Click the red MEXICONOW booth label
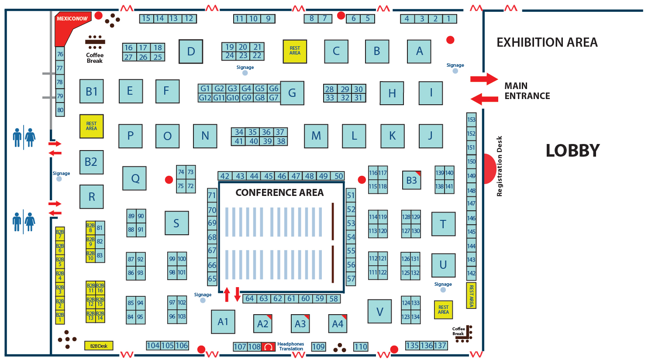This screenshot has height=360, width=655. pyautogui.click(x=72, y=19)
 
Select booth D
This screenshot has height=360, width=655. pyautogui.click(x=191, y=51)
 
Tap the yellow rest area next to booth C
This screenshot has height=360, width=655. pyautogui.click(x=295, y=51)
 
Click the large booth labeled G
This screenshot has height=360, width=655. pyautogui.click(x=292, y=93)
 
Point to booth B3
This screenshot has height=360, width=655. pyautogui.click(x=411, y=180)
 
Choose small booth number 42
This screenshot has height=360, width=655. pyautogui.click(x=225, y=176)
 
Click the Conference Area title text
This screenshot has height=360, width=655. pyautogui.click(x=279, y=192)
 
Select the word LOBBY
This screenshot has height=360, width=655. pyautogui.click(x=572, y=151)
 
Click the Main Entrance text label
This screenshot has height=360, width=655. pyautogui.click(x=527, y=91)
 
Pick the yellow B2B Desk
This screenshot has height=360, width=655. pyautogui.click(x=99, y=346)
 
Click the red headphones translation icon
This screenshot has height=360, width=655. pyautogui.click(x=269, y=347)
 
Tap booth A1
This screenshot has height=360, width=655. pyautogui.click(x=223, y=322)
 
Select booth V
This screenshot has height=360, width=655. pyautogui.click(x=379, y=312)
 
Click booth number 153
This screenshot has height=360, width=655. pyautogui.click(x=471, y=120)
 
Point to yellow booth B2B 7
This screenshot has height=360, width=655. pyautogui.click(x=60, y=234)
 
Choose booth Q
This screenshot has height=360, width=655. pyautogui.click(x=135, y=178)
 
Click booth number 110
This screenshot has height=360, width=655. pyautogui.click(x=361, y=347)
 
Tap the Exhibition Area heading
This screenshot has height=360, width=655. pyautogui.click(x=547, y=42)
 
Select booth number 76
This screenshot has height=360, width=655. pyautogui.click(x=60, y=54)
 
